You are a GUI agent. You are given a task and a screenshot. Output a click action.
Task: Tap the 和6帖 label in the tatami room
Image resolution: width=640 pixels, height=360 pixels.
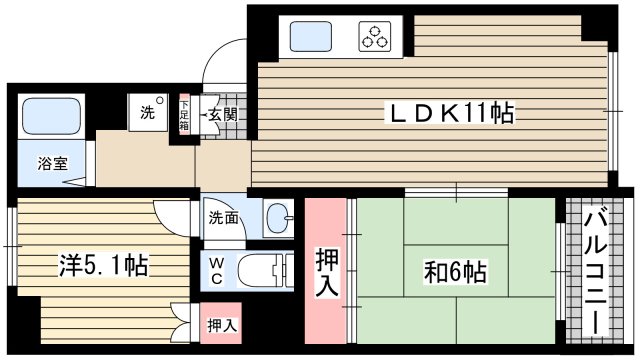pos(454,272)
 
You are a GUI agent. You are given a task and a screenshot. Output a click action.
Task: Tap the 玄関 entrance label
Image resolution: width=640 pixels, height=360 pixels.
pos(221,115)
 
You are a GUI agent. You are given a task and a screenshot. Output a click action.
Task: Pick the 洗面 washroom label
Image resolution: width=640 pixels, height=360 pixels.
pos(224,217)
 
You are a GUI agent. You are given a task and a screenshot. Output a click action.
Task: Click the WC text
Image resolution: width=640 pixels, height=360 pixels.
pos(217,271)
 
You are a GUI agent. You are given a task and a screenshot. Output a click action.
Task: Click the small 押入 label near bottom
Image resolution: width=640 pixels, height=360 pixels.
pos(221,325)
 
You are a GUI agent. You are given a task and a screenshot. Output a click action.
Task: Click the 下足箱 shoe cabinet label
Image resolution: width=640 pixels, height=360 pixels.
pos(184,115)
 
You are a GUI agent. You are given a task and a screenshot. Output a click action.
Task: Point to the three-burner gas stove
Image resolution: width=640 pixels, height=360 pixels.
pos(378,38)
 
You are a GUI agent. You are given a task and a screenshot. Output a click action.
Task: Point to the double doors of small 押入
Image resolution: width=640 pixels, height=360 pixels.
pos(182,325)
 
